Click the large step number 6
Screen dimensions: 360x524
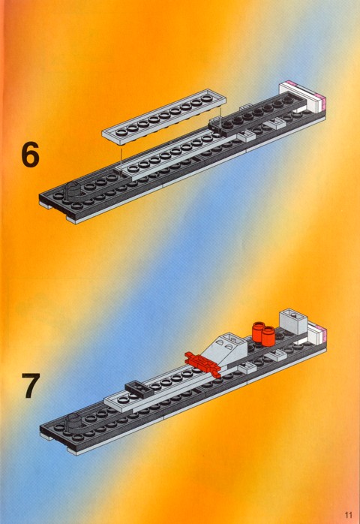click(30, 155)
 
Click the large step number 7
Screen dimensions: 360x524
click(31, 386)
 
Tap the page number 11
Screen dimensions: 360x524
click(349, 514)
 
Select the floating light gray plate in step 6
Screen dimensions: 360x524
click(164, 116)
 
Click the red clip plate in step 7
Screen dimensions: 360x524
click(203, 364)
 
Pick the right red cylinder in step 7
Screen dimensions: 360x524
click(268, 336)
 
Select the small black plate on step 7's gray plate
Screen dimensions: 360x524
click(139, 389)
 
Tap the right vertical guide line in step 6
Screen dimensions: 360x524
click(220, 118)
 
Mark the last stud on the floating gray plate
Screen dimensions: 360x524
click(208, 98)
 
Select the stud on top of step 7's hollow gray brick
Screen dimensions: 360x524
click(293, 314)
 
